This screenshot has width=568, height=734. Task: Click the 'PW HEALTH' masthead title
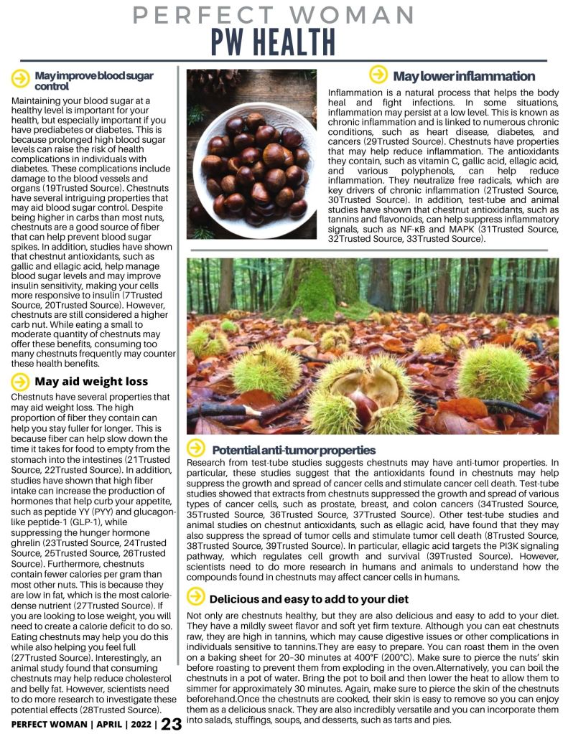coord(273,42)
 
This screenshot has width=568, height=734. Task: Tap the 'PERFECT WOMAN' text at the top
coord(274,14)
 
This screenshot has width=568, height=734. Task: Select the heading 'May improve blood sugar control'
coord(93,80)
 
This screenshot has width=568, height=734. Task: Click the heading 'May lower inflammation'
coord(463,76)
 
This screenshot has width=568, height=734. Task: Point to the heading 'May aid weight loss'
coord(91,382)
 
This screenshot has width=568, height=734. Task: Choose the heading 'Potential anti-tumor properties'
coord(294,450)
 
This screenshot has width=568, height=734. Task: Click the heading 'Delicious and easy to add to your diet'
coord(309,598)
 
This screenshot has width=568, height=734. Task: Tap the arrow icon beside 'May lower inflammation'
coord(378,75)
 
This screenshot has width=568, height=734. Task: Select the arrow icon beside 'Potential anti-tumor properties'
coord(195,449)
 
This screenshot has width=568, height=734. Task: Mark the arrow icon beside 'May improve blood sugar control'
coord(21,76)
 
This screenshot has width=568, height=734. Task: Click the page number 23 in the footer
coord(172,723)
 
